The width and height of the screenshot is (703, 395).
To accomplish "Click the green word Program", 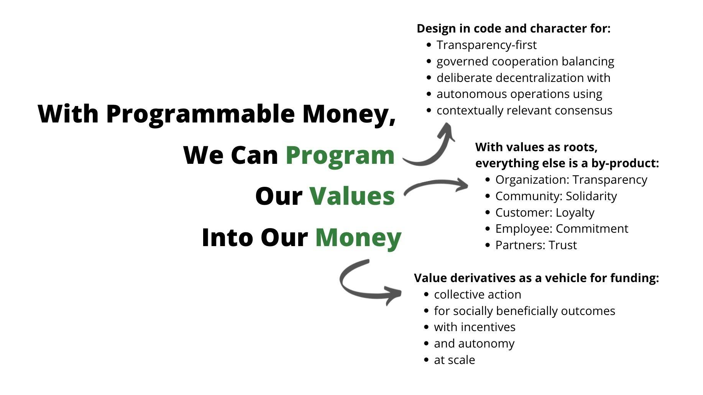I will (x=340, y=156).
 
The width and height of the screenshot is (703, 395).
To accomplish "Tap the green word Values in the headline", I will (x=352, y=196).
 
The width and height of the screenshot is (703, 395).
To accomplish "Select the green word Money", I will (x=358, y=238).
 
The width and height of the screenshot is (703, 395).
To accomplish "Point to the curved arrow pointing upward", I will (x=431, y=147).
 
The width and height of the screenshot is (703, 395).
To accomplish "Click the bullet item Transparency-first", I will (x=486, y=45).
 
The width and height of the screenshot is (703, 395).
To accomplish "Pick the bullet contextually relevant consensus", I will (x=524, y=111).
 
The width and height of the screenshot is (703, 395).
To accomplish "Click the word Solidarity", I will (x=591, y=196).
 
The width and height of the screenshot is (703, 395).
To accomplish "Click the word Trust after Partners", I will (x=562, y=245).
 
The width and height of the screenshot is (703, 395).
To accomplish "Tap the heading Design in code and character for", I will (x=513, y=29).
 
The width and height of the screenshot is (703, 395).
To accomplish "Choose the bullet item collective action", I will (x=477, y=295).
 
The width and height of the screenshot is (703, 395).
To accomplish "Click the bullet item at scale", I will (x=454, y=360).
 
